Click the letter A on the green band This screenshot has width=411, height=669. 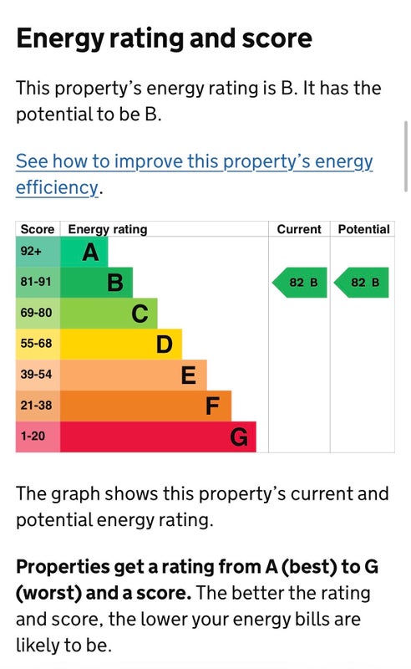pyautogui.click(x=90, y=253)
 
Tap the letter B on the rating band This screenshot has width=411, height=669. pyautogui.click(x=115, y=283)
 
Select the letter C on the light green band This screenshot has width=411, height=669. pyautogui.click(x=140, y=314)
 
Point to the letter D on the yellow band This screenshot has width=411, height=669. pyautogui.click(x=164, y=345)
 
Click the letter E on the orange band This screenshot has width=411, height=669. pyautogui.click(x=189, y=375)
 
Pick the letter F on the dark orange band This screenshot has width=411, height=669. pyautogui.click(x=212, y=406)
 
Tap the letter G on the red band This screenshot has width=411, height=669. pyautogui.click(x=239, y=437)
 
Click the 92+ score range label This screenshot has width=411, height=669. pyautogui.click(x=31, y=252)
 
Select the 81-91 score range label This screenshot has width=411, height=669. pyautogui.click(x=36, y=282)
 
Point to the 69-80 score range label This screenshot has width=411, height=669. pyautogui.click(x=36, y=313)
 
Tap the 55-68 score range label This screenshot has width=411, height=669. pyautogui.click(x=36, y=344)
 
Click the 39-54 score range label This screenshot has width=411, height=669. pyautogui.click(x=36, y=374)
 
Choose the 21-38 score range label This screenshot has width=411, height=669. pyautogui.click(x=36, y=405)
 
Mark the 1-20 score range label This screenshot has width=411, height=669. pyautogui.click(x=33, y=436)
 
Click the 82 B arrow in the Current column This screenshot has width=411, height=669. pyautogui.click(x=299, y=283)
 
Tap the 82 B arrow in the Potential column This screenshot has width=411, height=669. pyautogui.click(x=361, y=283)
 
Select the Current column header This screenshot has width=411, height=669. pyautogui.click(x=299, y=229)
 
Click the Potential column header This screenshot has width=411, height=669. pyautogui.click(x=363, y=229)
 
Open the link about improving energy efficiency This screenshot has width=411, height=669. pyautogui.click(x=194, y=175)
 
